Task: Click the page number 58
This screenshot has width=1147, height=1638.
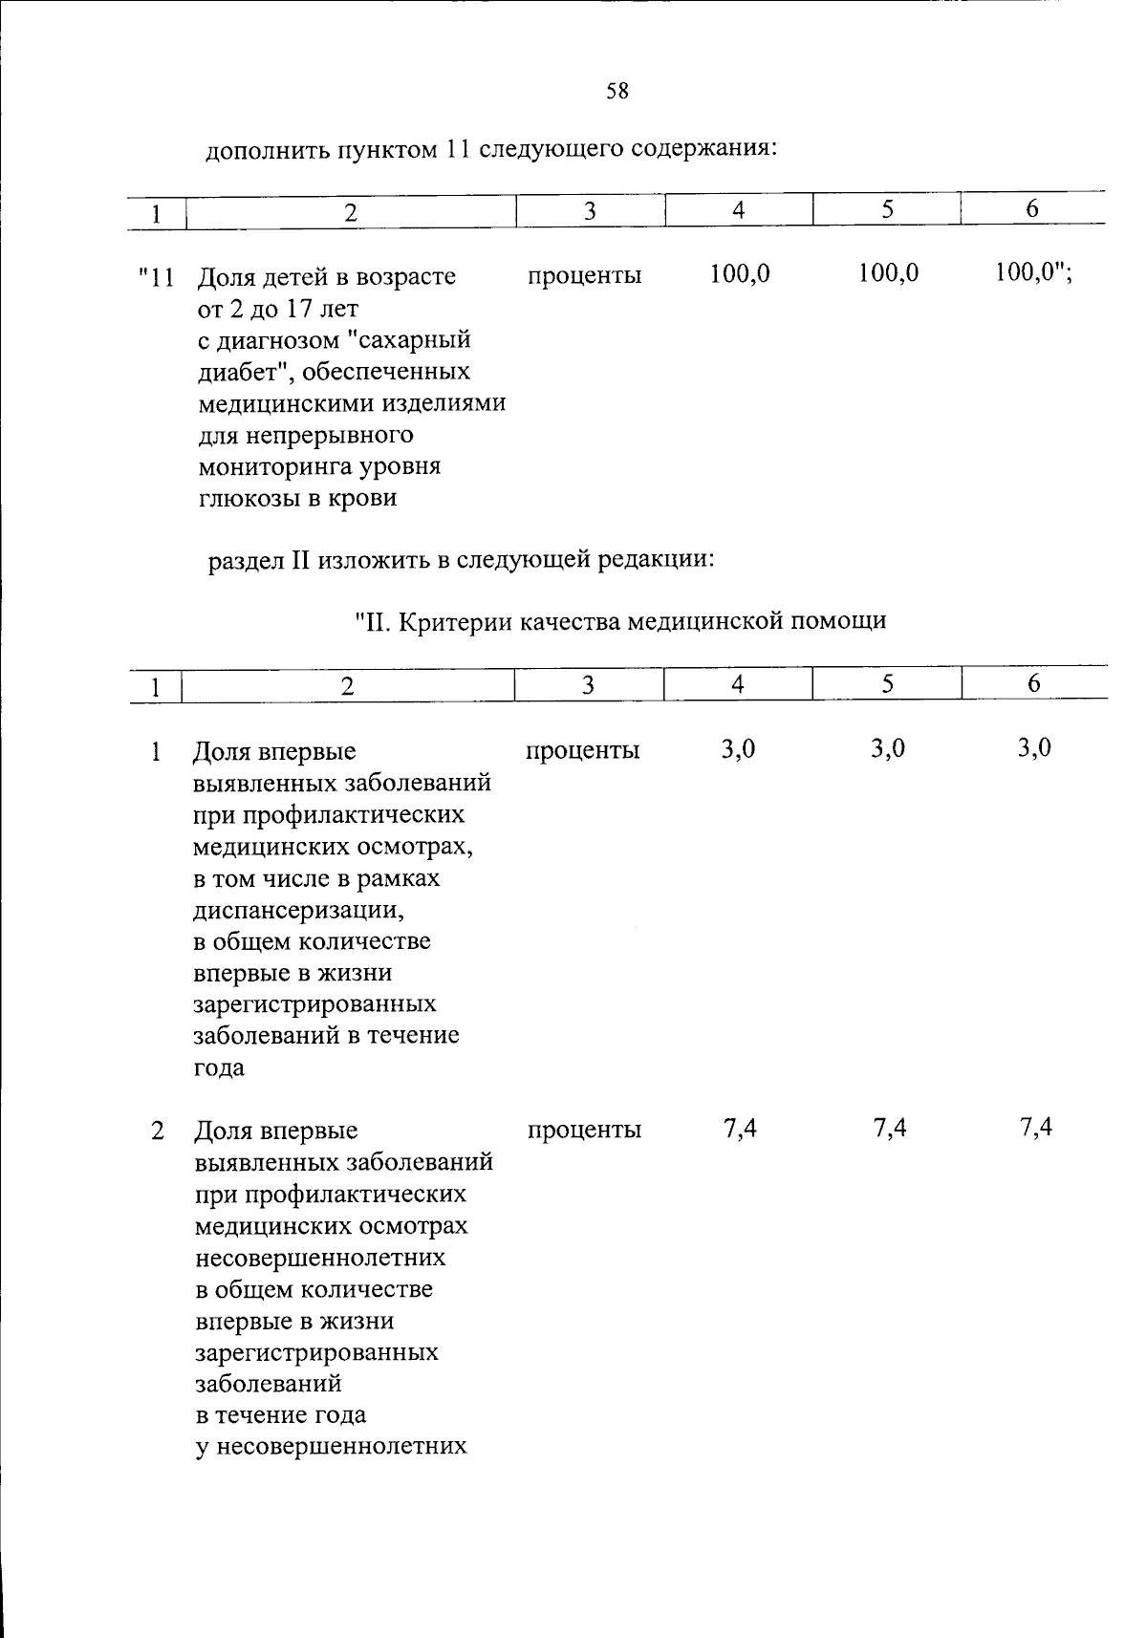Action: (617, 92)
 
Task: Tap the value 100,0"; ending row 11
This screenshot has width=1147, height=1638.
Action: (1033, 273)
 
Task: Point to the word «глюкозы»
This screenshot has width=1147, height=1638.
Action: (244, 499)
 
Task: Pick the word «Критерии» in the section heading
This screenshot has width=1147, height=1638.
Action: (452, 621)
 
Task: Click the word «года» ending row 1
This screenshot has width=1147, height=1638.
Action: (218, 1067)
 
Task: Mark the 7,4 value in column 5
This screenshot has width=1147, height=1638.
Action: (889, 1129)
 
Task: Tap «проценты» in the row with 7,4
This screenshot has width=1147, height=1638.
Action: (583, 1131)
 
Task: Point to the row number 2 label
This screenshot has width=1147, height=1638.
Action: (157, 1131)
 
